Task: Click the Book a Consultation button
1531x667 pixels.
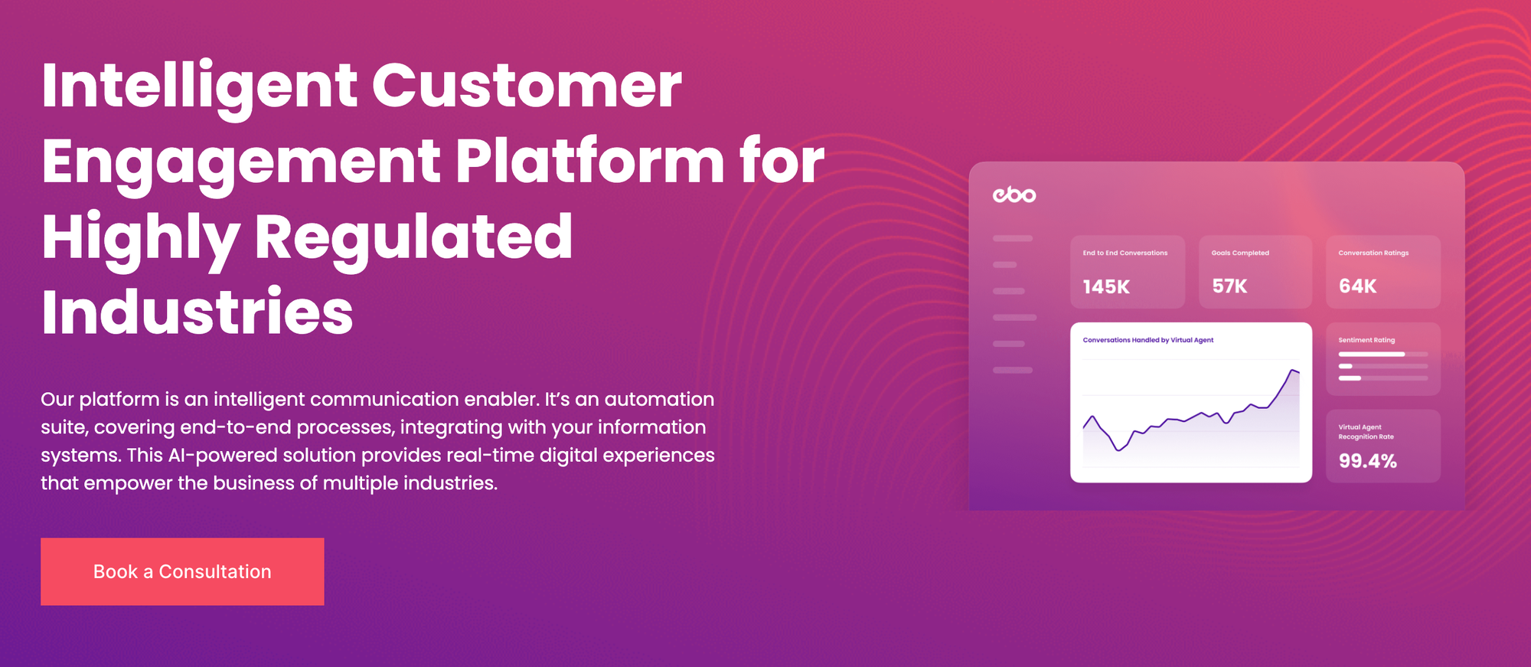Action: coord(182,571)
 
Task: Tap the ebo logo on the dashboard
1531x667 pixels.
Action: coord(1014,195)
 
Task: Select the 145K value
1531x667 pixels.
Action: coord(1106,287)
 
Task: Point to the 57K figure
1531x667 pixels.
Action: coord(1229,286)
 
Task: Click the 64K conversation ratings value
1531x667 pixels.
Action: coord(1357,286)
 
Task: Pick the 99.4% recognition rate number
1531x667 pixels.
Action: coord(1367,461)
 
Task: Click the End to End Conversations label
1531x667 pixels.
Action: coord(1125,253)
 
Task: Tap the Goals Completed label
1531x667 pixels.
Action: coord(1240,253)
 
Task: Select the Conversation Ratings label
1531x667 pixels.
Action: coord(1373,253)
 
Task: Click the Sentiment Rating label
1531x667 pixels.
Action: coord(1366,340)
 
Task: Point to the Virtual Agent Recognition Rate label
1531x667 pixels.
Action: coord(1366,432)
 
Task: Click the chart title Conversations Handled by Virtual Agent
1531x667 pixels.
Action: coord(1147,340)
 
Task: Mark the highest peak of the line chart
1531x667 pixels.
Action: coord(1292,371)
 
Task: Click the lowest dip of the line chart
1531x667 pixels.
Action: coord(1119,450)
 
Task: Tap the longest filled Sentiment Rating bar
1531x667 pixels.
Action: coord(1371,355)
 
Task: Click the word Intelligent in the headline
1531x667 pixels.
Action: coord(199,86)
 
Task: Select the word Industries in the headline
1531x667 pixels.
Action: coord(197,312)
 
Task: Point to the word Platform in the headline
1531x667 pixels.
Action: coord(589,162)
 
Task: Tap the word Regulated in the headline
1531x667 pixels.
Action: coord(413,237)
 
